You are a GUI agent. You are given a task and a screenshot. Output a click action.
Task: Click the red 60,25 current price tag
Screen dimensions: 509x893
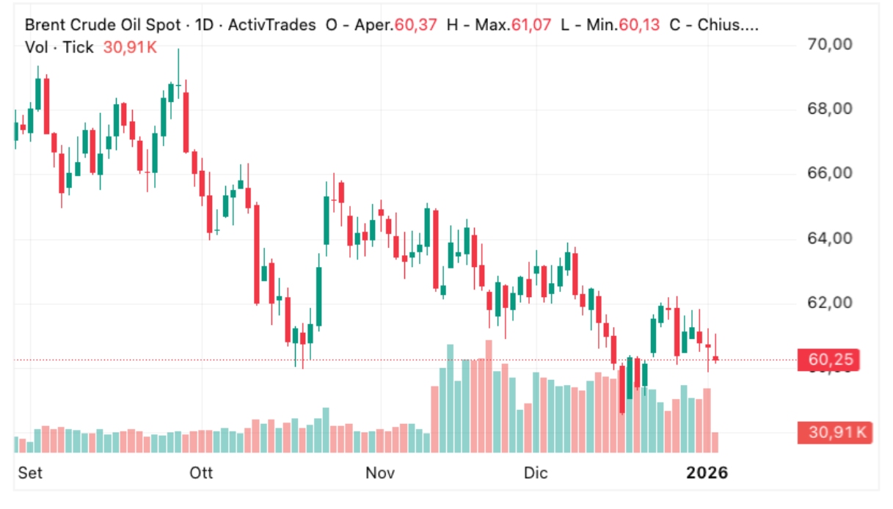[x=829, y=360]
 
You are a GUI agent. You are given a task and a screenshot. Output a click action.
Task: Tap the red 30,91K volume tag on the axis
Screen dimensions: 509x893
[x=836, y=433]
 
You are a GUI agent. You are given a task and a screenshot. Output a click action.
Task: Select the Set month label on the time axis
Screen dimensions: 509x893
[x=30, y=473]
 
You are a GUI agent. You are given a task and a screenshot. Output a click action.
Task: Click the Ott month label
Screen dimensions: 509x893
[x=201, y=473]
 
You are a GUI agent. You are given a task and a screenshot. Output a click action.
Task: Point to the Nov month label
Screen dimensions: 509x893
[x=381, y=473]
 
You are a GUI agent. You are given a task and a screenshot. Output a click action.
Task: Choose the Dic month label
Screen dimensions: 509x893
[x=536, y=473]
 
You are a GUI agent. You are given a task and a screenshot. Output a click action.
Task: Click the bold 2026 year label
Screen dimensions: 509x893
[x=707, y=473]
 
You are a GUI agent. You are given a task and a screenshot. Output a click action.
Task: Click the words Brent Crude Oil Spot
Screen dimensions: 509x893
[x=103, y=25]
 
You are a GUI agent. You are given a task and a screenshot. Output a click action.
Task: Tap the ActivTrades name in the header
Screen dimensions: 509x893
[x=271, y=25]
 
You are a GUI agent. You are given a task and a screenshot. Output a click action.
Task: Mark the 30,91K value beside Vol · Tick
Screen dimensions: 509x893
[x=130, y=48]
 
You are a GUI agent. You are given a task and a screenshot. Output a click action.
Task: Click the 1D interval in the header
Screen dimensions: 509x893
[x=205, y=25]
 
